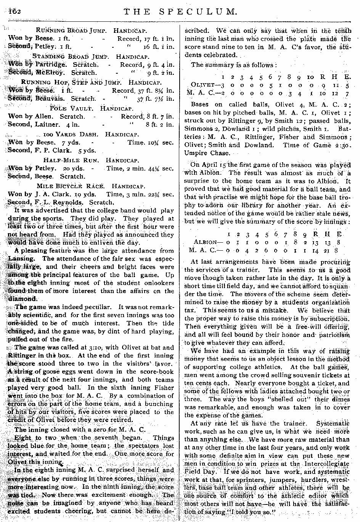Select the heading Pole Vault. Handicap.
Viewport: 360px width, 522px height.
coord(91,108)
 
